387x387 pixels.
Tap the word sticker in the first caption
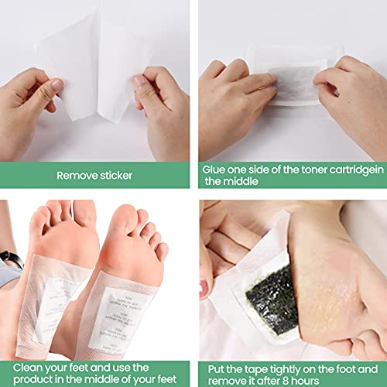click(115, 175)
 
